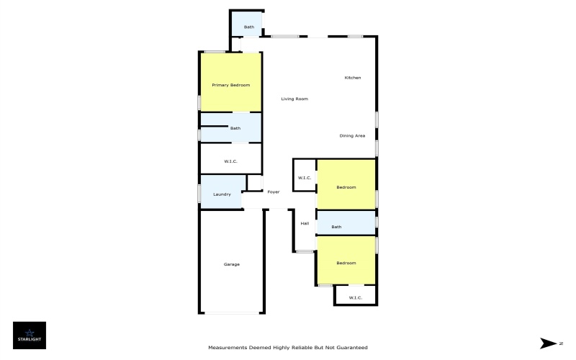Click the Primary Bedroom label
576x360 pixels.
pos(230,85)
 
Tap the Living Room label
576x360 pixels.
pos(294,99)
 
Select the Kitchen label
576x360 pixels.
pos(352,78)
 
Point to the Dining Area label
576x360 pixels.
pos(352,135)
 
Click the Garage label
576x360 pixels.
pos(231,264)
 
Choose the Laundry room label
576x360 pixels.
pos(222,194)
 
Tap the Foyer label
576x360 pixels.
pos(274,192)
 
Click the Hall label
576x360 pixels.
pos(305,223)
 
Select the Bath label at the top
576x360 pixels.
pos(248,27)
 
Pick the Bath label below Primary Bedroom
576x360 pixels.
pos(235,128)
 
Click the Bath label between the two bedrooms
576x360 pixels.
pos(336,227)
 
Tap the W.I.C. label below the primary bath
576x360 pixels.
pos(230,161)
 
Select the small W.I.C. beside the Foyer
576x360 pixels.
pos(304,179)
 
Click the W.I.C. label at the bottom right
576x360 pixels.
pos(355,297)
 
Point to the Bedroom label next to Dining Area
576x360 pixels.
pos(346,187)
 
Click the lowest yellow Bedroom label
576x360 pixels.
pos(346,263)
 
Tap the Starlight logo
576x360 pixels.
pos(30,336)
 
